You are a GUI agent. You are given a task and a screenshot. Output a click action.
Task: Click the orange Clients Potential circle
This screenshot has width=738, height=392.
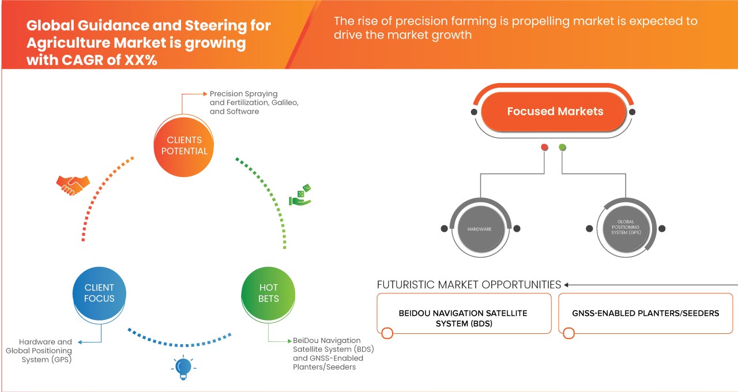pyautogui.click(x=184, y=145)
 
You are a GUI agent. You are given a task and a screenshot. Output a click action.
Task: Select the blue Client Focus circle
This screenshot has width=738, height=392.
pyautogui.click(x=99, y=293)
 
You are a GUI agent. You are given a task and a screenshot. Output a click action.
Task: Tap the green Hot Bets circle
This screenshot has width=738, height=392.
pyautogui.click(x=269, y=293)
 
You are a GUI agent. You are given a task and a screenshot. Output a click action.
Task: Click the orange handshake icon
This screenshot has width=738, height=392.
pyautogui.click(x=73, y=184)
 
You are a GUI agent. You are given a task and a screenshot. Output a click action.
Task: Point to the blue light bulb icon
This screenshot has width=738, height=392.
pyautogui.click(x=183, y=367)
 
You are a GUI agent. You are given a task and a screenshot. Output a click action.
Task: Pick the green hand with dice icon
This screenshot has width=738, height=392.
pyautogui.click(x=300, y=195)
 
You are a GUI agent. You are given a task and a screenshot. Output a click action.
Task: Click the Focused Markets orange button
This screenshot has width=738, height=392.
pyautogui.click(x=555, y=112)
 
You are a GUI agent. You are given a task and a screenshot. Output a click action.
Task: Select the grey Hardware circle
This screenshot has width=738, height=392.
pyautogui.click(x=480, y=229)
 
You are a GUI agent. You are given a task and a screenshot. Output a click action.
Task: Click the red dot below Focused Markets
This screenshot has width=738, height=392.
pyautogui.click(x=544, y=148)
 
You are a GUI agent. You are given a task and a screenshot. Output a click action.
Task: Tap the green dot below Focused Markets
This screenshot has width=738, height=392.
pyautogui.click(x=562, y=148)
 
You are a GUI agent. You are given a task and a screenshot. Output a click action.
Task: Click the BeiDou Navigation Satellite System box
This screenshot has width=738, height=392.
pyautogui.click(x=463, y=318)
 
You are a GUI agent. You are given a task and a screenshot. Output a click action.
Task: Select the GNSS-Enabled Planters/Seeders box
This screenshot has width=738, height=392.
pyautogui.click(x=645, y=314)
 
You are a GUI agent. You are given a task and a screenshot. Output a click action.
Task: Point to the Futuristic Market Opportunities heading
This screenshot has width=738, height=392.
pyautogui.click(x=469, y=285)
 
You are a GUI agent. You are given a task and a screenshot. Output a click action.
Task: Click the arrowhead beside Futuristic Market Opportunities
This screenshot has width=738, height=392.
pyautogui.click(x=567, y=285)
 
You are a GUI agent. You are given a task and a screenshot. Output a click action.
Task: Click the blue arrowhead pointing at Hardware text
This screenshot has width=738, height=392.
pyautogui.click(x=79, y=342)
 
